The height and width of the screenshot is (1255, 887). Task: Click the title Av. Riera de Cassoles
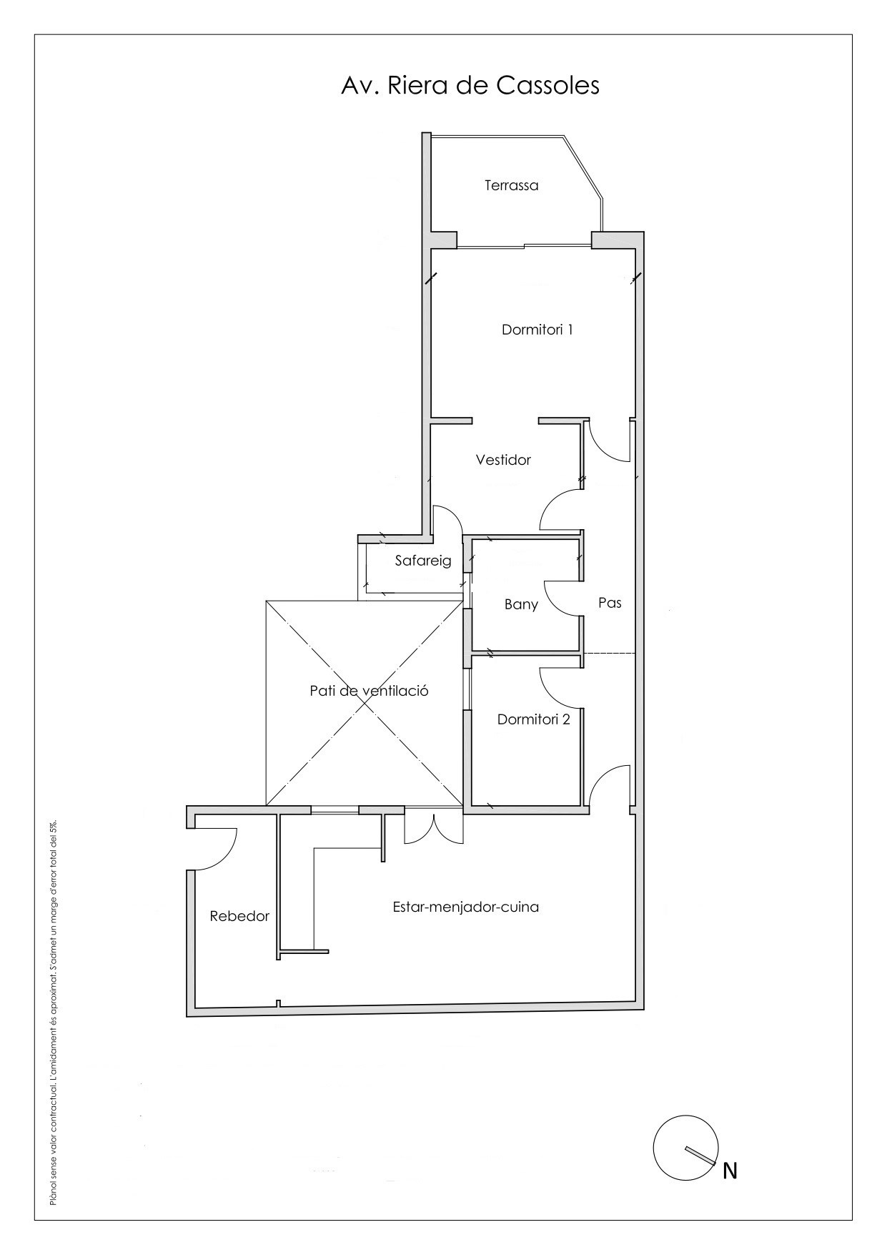click(x=470, y=85)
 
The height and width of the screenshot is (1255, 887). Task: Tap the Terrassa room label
click(x=511, y=185)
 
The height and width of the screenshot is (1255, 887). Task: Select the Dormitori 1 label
click(x=537, y=330)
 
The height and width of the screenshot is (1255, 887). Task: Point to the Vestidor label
click(x=503, y=460)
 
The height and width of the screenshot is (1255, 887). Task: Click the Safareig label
click(x=423, y=561)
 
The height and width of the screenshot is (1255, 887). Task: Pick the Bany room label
click(x=521, y=604)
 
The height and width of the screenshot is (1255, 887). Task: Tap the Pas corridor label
click(x=610, y=603)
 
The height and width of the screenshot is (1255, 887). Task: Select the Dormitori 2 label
click(x=534, y=719)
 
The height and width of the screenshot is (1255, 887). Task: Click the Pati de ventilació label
click(x=369, y=691)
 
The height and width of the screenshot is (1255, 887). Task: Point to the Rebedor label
click(x=239, y=916)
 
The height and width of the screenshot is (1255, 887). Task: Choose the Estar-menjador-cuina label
click(x=465, y=907)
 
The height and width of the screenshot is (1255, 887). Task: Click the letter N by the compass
click(x=730, y=1171)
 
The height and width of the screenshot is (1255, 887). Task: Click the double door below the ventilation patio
click(x=434, y=827)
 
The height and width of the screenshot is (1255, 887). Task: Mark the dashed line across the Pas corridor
click(x=609, y=654)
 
